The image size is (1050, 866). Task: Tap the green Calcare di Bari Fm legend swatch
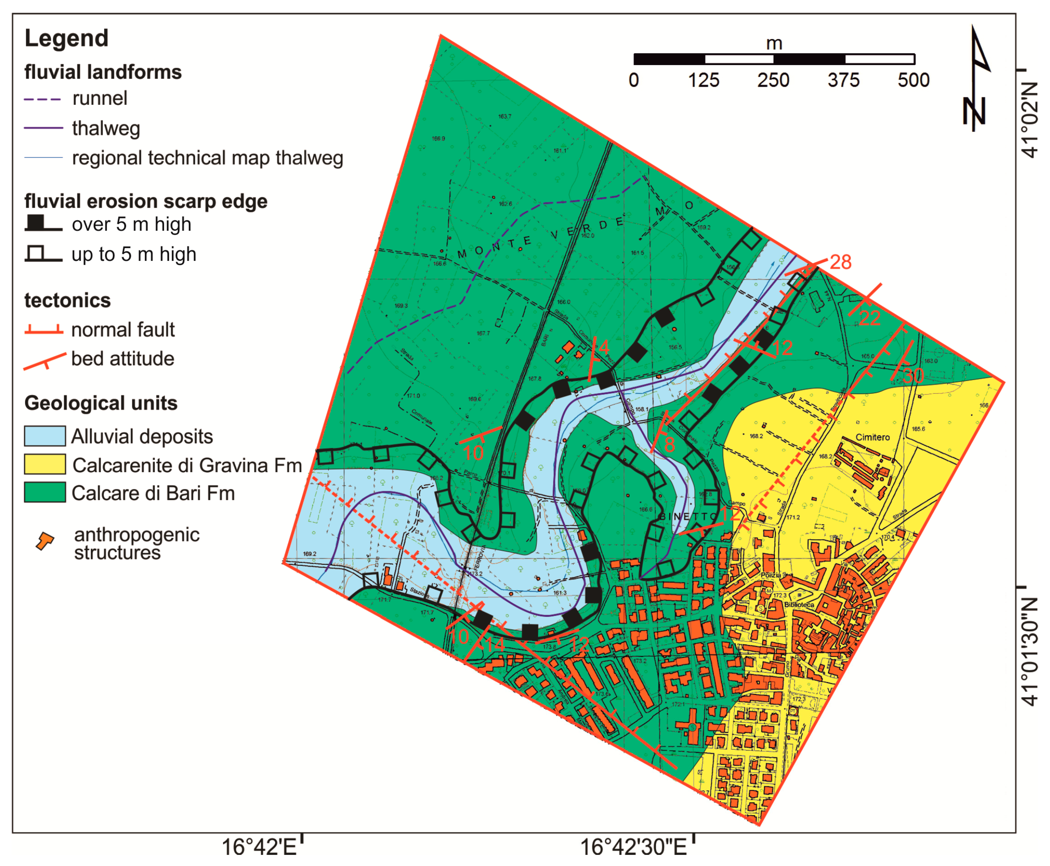(45, 492)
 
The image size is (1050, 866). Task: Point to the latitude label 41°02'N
(1030, 120)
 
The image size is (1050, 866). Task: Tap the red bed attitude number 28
(841, 262)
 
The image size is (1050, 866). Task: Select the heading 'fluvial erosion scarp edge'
(146, 201)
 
